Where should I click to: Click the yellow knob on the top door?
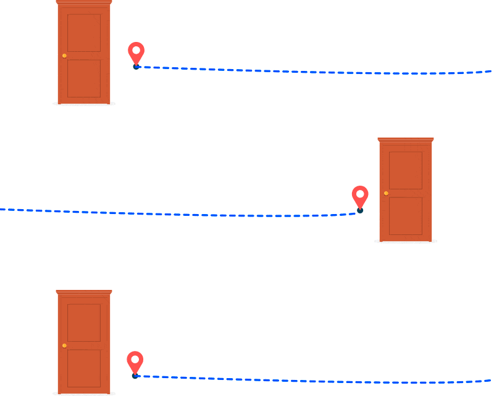(64, 56)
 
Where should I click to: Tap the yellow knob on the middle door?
(386, 193)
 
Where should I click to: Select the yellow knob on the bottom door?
(64, 345)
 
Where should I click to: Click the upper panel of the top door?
(84, 33)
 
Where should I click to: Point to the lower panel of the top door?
(84, 78)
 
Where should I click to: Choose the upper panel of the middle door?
(406, 170)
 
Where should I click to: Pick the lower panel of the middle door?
(406, 216)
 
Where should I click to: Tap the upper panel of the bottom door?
(84, 323)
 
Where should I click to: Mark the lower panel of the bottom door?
(84, 369)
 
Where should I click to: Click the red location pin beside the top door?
(136, 52)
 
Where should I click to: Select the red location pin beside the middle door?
(360, 196)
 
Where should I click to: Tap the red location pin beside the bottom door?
(135, 361)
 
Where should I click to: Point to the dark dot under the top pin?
(136, 67)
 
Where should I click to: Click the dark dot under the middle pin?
(360, 211)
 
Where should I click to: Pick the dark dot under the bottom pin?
(135, 375)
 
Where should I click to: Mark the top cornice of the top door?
(84, 2)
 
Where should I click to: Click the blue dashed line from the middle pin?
(185, 214)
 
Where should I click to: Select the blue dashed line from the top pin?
(309, 72)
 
